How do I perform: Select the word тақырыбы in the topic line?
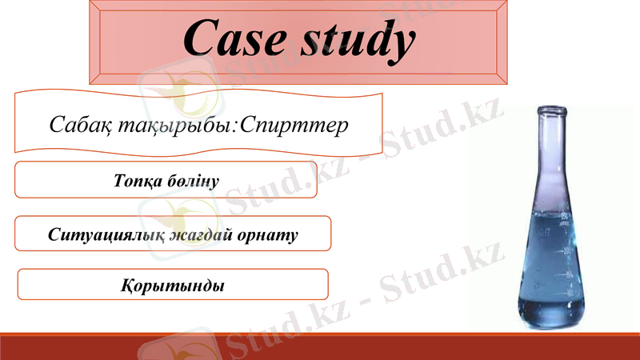tap(167, 126)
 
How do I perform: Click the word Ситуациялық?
tap(105, 236)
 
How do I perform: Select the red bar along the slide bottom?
tap(320, 346)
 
